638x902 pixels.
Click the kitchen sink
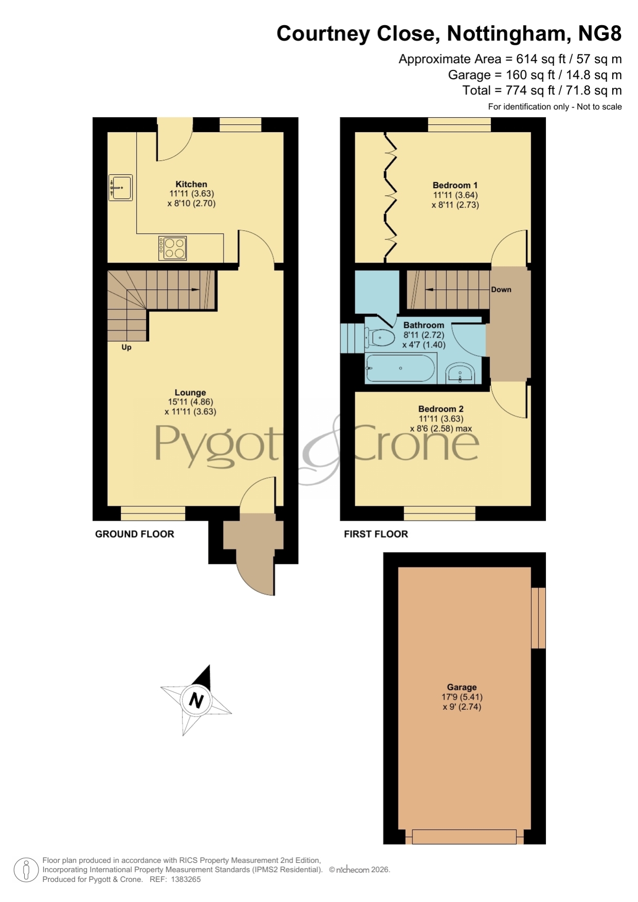tap(121, 188)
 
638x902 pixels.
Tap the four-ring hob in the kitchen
tap(173, 248)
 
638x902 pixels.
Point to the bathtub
tap(400, 368)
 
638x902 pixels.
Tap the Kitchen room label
tap(191, 184)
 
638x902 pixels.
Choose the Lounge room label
tap(190, 392)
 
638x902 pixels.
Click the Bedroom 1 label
tap(455, 185)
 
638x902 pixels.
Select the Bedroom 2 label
tap(441, 409)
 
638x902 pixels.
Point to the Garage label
tap(462, 687)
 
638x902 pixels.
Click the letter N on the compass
tap(196, 700)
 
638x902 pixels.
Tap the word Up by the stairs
tap(126, 347)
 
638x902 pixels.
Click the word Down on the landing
tap(501, 289)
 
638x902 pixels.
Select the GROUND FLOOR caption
tap(135, 534)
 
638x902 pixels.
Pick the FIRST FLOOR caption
tap(376, 534)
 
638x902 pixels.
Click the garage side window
tap(538, 618)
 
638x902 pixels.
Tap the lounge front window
tap(153, 513)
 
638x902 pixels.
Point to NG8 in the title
tap(600, 33)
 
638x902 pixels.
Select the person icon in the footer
tap(26, 870)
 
